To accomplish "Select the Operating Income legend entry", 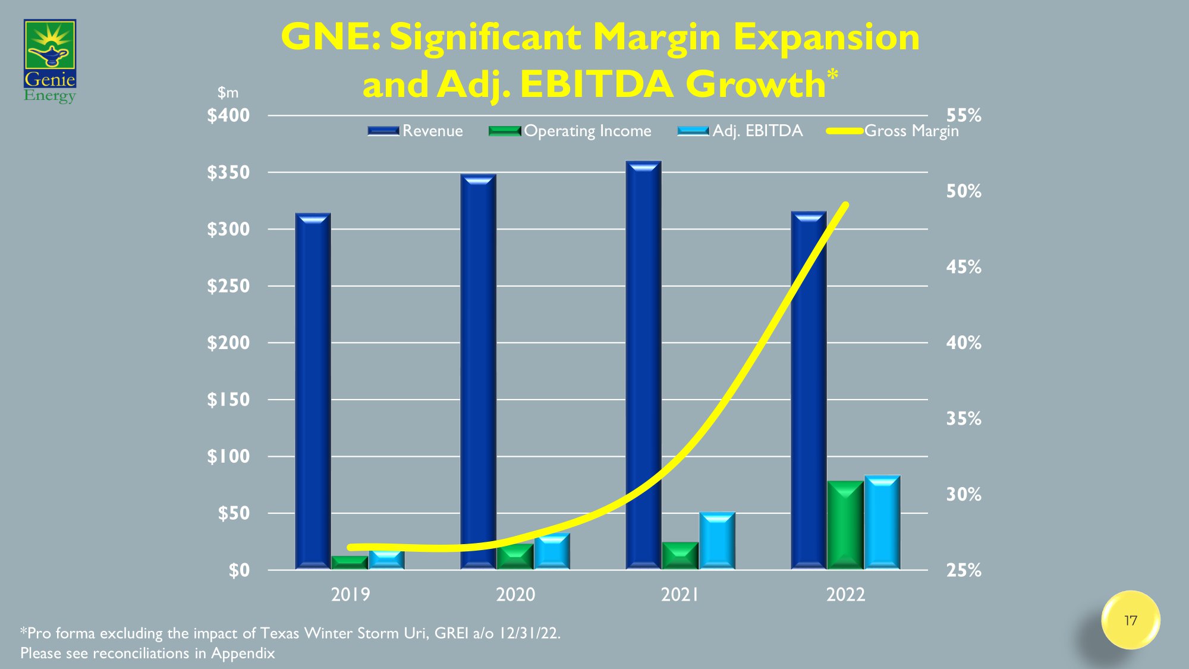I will pyautogui.click(x=570, y=131).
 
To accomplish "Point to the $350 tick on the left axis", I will pyautogui.click(x=228, y=172).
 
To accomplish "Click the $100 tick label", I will pyautogui.click(x=228, y=457).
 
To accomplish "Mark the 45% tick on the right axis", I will pyautogui.click(x=964, y=267).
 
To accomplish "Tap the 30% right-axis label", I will pyautogui.click(x=964, y=494).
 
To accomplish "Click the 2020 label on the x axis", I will pyautogui.click(x=515, y=594).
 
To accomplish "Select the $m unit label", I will pyautogui.click(x=228, y=93).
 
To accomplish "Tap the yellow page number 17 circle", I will pyautogui.click(x=1130, y=620).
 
